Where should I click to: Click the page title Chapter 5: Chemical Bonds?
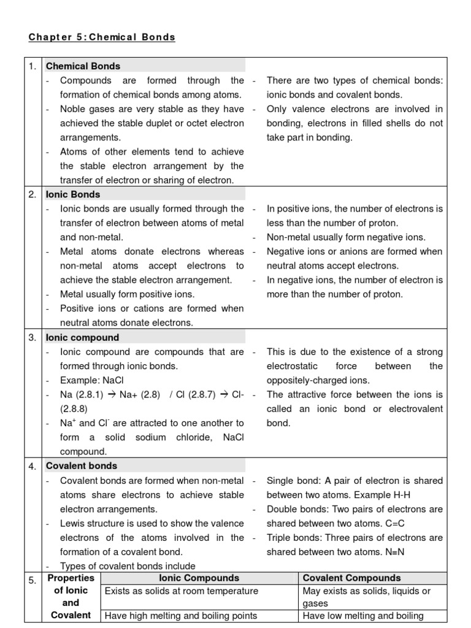(x=102, y=37)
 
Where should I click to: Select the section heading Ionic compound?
(x=82, y=337)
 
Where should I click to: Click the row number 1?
(x=34, y=66)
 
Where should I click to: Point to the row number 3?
(x=34, y=338)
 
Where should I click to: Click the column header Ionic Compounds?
(x=199, y=578)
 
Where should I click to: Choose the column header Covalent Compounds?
(x=351, y=578)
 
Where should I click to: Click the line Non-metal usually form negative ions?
(x=346, y=237)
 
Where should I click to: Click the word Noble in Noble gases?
(x=73, y=109)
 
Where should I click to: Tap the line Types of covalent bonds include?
(x=128, y=566)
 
